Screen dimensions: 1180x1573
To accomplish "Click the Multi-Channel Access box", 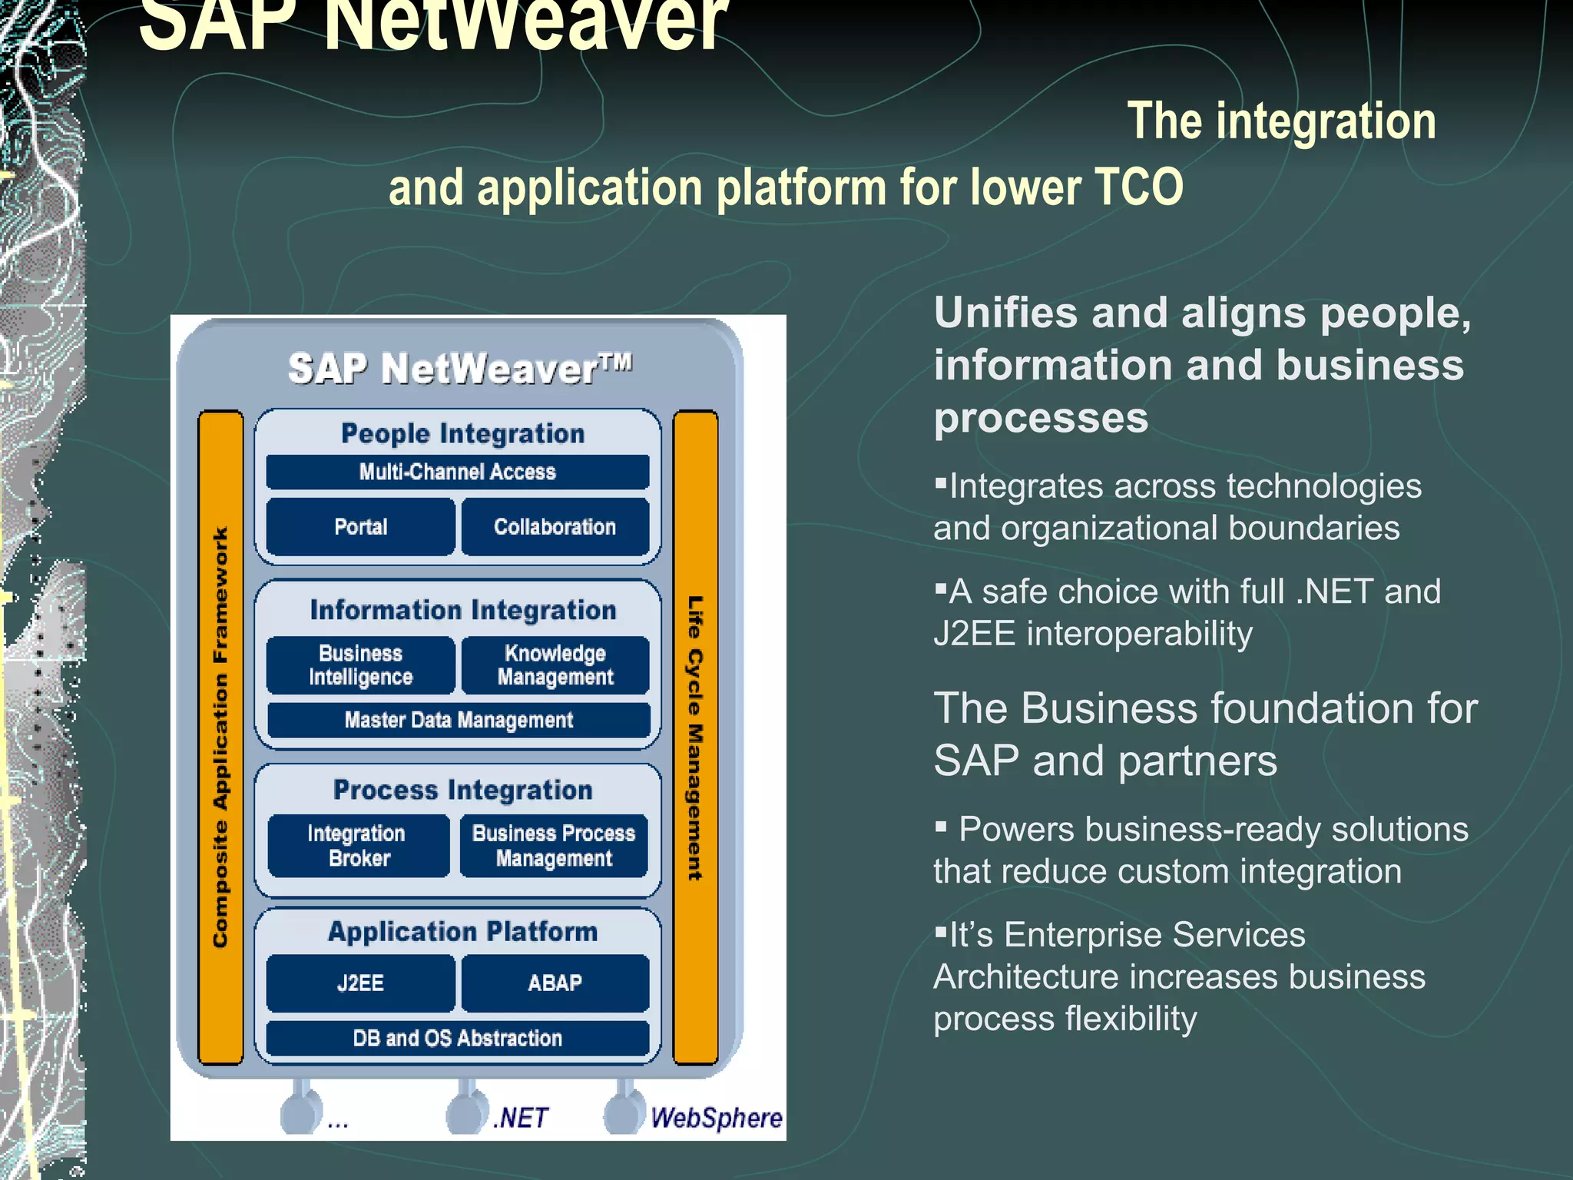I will (x=457, y=472).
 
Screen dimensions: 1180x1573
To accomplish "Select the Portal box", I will (x=360, y=527).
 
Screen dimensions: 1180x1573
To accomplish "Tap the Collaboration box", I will (x=555, y=527).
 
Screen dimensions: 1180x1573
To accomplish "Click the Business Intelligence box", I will (x=360, y=665).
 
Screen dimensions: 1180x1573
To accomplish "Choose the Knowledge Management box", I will (x=555, y=665).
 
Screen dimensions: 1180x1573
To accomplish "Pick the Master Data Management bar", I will (x=459, y=721).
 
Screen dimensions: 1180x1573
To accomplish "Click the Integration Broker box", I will (x=358, y=846).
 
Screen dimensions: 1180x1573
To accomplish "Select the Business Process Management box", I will (x=554, y=846).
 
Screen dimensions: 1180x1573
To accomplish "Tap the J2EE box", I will (x=360, y=983).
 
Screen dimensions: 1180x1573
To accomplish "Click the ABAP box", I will (x=555, y=983).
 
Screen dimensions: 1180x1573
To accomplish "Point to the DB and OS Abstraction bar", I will (x=457, y=1039).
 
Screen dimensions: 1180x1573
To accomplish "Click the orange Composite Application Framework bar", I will (x=220, y=737).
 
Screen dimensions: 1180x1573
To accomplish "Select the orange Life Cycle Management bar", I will (x=695, y=737).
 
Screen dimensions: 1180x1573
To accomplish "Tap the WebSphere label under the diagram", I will (x=716, y=1118).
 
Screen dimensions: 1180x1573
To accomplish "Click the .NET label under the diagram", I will (x=521, y=1118).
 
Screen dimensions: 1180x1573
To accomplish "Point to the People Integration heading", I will (x=462, y=434).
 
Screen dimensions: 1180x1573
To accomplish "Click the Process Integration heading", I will (x=462, y=791).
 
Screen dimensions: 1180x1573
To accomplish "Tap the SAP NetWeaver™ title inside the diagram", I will (x=459, y=369).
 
